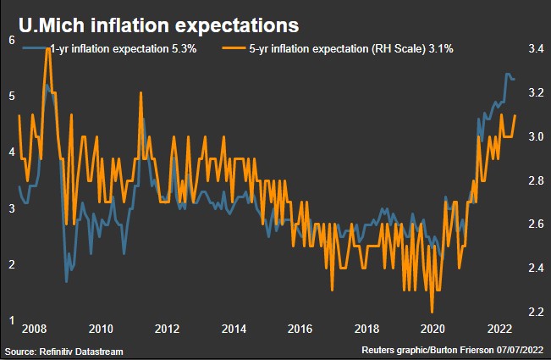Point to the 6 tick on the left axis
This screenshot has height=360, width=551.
[x=11, y=40]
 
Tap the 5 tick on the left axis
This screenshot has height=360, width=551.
[x=11, y=96]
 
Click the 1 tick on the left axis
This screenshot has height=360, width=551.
[x=11, y=320]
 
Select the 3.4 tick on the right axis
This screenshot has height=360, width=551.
[x=535, y=50]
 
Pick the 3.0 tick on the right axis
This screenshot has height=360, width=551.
[x=535, y=137]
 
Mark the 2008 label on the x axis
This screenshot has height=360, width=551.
[x=35, y=330]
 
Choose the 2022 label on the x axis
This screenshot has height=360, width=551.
[x=498, y=330]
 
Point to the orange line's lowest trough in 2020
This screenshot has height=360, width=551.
[x=433, y=312]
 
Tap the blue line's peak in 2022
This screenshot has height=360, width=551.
[x=507, y=75]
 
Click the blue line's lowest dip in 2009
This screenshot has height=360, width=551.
[x=66, y=281]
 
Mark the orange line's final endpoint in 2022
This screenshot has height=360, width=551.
[x=515, y=115]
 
